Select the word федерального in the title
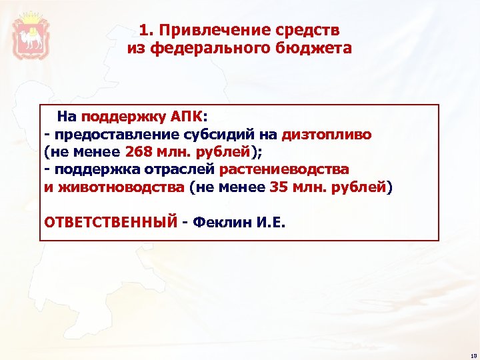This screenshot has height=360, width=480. [x=215, y=49]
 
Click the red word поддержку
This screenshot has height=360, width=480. [x=125, y=117]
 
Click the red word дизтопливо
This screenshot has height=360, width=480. [x=327, y=135]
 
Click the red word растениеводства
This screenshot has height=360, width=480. [x=284, y=169]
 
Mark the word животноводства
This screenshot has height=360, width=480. [x=121, y=187]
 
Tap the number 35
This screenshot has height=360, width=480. [x=278, y=187]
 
